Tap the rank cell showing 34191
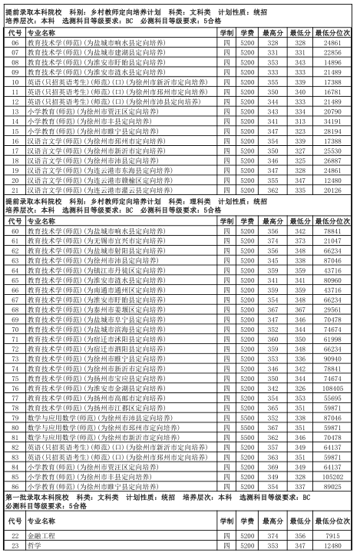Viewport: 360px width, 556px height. pyautogui.click(x=332, y=121)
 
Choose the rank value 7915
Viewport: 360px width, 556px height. pyautogui.click(x=332, y=534)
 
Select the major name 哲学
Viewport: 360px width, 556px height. pyautogui.click(x=34, y=544)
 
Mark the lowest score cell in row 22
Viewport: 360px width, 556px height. pyautogui.click(x=299, y=534)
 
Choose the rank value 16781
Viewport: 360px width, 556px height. pyautogui.click(x=332, y=92)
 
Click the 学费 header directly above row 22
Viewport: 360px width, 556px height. pyautogui.click(x=246, y=521)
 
